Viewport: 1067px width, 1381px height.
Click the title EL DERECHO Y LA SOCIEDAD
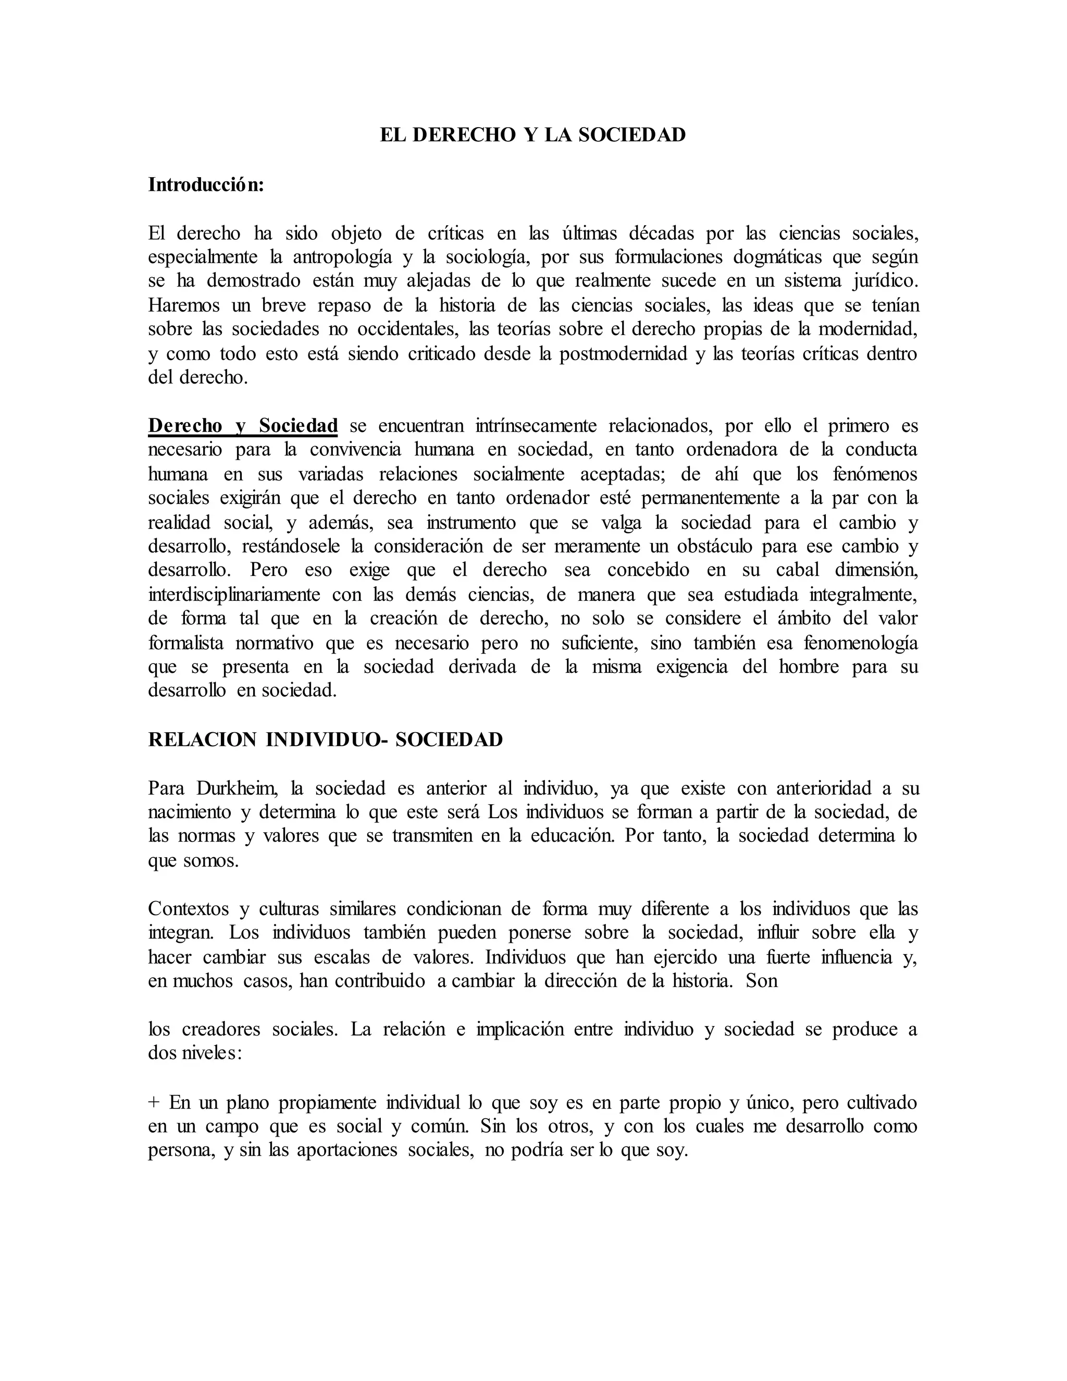[532, 135]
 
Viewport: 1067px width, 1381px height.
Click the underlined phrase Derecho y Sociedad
[243, 426]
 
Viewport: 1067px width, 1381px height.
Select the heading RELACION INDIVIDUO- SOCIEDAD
[325, 739]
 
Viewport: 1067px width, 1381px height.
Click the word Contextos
[189, 909]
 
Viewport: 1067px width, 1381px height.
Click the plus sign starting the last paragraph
[154, 1102]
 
